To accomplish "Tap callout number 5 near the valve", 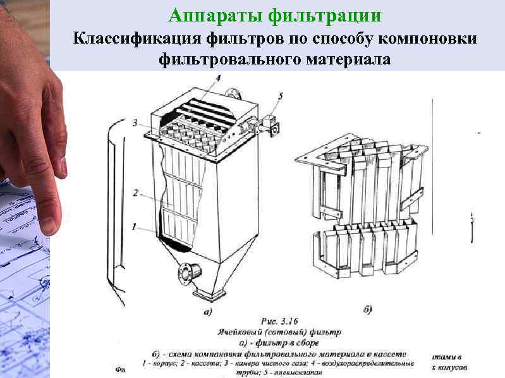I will pos(281,96).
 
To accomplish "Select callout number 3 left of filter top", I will pos(136,123).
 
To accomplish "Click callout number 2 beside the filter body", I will pos(136,193).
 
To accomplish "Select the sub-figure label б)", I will pos(368,309).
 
